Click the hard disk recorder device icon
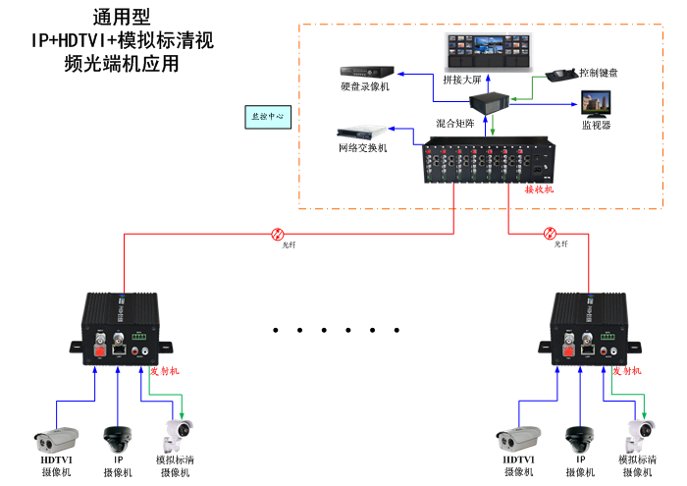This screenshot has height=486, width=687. (367, 72)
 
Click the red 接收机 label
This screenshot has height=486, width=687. (539, 189)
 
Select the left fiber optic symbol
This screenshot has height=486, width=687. (278, 235)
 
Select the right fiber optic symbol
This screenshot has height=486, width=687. (550, 235)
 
